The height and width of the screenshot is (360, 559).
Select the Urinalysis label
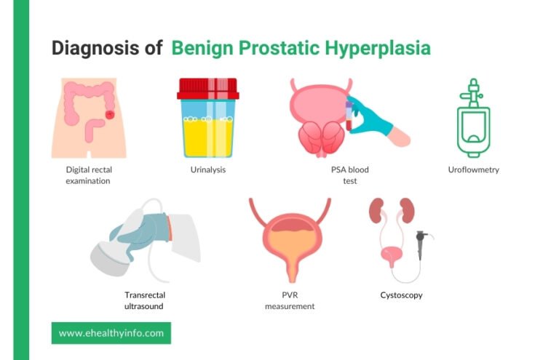point(207,169)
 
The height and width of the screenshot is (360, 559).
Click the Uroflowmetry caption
point(473,169)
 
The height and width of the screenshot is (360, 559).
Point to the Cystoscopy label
point(401,295)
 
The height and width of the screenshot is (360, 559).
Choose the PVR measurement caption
point(289,300)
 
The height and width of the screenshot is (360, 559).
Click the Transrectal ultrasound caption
point(143,300)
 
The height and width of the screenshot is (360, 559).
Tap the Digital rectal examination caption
point(88,175)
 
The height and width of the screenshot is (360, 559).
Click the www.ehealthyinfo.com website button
point(111,333)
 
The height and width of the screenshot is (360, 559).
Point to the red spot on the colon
point(110,114)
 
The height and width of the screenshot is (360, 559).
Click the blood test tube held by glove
point(349,116)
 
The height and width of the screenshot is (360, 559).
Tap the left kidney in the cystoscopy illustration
point(377,211)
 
